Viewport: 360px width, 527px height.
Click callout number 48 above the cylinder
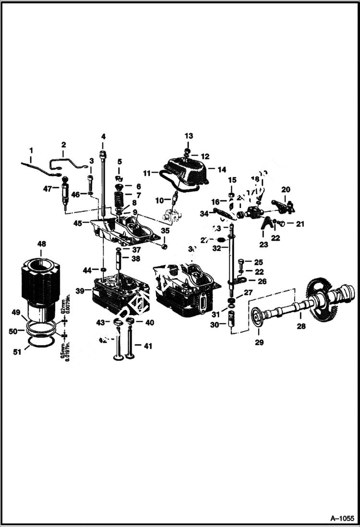pyautogui.click(x=42, y=244)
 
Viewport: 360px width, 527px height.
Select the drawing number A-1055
pyautogui.click(x=342, y=518)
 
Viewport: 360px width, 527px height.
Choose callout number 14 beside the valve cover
pyautogui.click(x=222, y=169)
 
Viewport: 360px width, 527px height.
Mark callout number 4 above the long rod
pyautogui.click(x=103, y=136)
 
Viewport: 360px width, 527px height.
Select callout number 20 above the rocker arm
pyautogui.click(x=286, y=189)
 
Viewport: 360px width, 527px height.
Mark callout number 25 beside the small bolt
pyautogui.click(x=259, y=262)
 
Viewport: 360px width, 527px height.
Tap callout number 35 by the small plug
pyautogui.click(x=165, y=231)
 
